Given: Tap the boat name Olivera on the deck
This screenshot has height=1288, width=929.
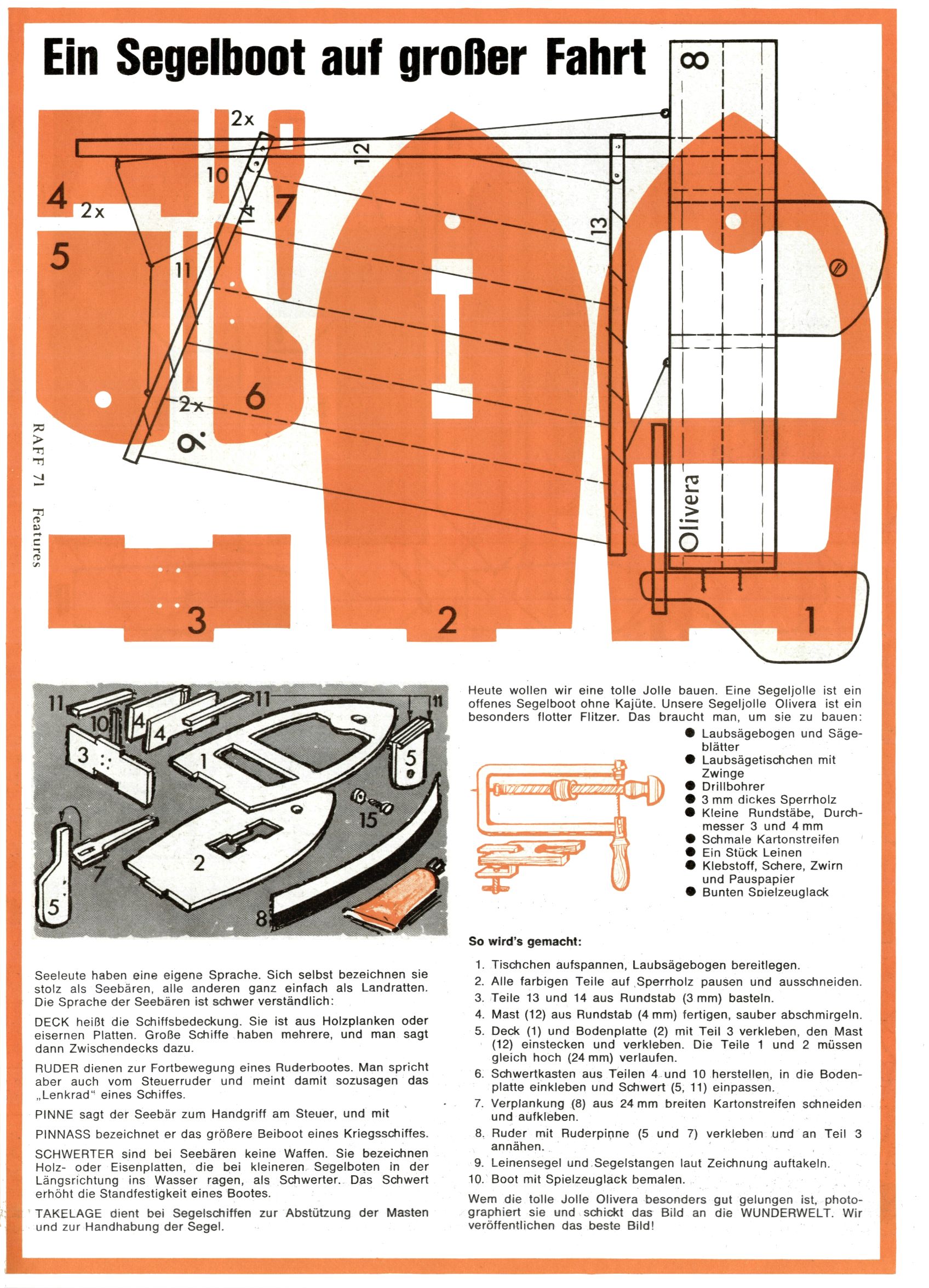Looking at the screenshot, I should click(692, 511).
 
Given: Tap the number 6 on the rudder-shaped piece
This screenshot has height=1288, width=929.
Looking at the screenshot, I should click(255, 396).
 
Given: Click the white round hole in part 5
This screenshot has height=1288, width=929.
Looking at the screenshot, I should click(103, 399).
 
